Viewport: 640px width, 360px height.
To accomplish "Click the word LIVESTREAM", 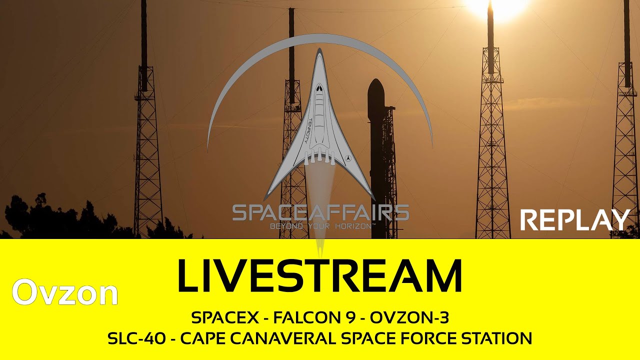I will [x=319, y=275].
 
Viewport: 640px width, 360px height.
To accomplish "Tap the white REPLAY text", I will [x=574, y=220].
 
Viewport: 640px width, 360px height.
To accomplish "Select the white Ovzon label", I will [x=65, y=292].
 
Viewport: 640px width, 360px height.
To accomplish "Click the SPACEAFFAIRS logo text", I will [x=320, y=213].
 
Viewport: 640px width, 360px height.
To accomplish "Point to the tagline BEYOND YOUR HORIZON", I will [x=320, y=226].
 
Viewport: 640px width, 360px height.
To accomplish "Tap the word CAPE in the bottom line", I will [x=200, y=338].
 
